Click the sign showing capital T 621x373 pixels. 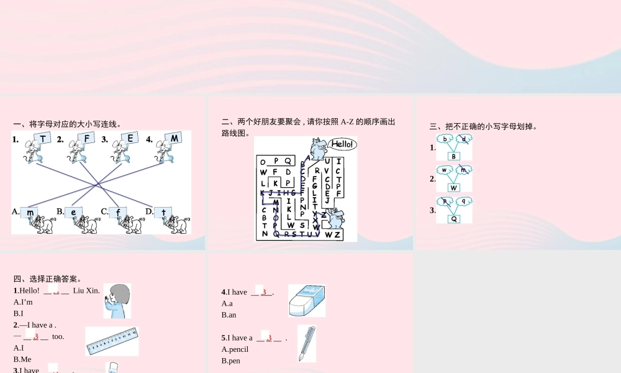click(x=42, y=138)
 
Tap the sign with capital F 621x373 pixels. click(x=87, y=138)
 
